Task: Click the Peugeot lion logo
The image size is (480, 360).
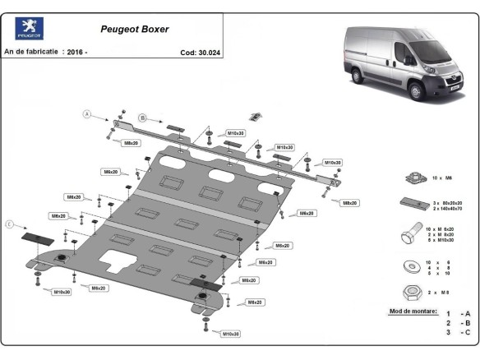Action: click(30, 29)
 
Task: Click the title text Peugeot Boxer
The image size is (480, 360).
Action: click(135, 29)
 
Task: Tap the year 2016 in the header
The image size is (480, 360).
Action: click(76, 52)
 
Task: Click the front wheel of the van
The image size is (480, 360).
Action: click(416, 89)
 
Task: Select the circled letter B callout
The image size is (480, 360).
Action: click(141, 118)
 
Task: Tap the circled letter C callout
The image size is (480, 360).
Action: click(10, 224)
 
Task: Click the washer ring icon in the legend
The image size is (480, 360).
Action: click(408, 265)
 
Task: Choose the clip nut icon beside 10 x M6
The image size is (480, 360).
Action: click(413, 178)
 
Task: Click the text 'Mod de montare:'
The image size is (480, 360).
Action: click(412, 312)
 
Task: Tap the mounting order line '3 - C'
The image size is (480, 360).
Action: click(458, 332)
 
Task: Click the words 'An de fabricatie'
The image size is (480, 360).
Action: click(31, 52)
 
